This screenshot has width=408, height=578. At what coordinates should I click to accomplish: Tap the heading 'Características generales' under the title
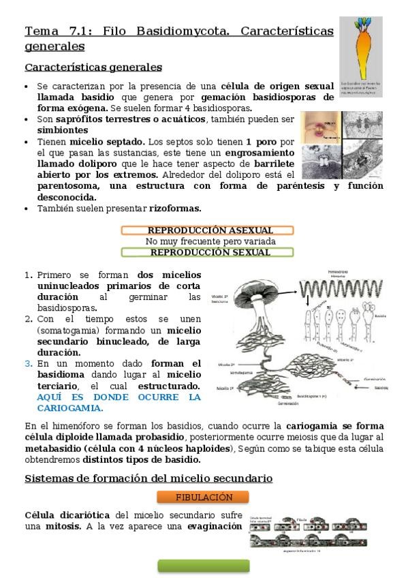click(93, 67)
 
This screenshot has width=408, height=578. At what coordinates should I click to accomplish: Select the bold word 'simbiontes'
click(63, 130)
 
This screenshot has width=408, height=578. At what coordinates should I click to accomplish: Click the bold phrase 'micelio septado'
click(107, 141)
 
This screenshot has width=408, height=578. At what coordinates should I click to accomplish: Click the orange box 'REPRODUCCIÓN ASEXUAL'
click(207, 230)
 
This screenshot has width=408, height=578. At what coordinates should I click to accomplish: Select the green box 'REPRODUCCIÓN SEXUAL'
click(207, 252)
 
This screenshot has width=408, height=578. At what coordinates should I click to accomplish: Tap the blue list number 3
click(28, 363)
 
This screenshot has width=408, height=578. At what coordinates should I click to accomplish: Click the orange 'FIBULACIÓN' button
click(204, 497)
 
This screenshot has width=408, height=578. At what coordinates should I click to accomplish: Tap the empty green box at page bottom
click(204, 566)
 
